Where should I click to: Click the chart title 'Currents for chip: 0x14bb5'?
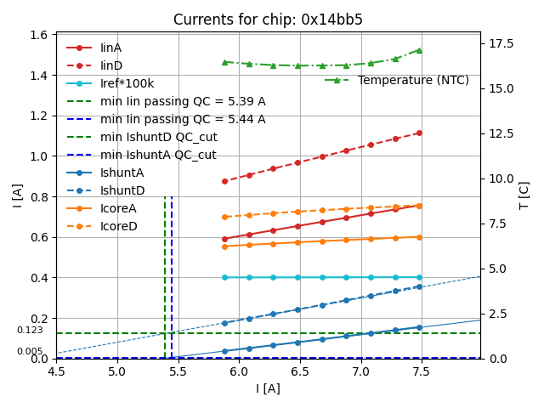[x=268, y=20]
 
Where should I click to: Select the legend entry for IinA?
[x=110, y=48]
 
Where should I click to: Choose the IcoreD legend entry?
[x=118, y=226]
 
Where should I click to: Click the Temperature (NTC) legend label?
[x=413, y=80]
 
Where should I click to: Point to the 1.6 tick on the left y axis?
[x=40, y=35]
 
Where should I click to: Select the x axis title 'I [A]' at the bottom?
[x=268, y=388]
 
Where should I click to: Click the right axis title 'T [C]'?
[x=524, y=195]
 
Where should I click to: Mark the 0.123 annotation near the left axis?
[x=30, y=331]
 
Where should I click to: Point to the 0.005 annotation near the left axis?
[x=30, y=351]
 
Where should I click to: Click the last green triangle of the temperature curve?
[x=419, y=50]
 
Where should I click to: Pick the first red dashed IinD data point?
[x=224, y=181]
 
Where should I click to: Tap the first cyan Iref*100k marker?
[x=224, y=277]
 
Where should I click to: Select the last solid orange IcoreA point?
[x=419, y=237]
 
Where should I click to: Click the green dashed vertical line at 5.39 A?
[x=165, y=272]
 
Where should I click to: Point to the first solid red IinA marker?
[x=224, y=239]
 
